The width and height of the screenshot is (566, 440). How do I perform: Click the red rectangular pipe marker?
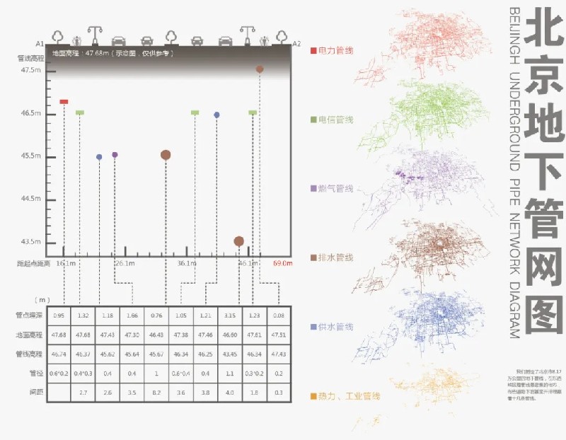tap(64, 102)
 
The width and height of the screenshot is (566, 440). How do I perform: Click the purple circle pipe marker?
tap(115, 154)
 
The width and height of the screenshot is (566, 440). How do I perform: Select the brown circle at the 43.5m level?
tap(239, 241)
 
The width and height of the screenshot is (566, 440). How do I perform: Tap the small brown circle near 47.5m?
tap(260, 69)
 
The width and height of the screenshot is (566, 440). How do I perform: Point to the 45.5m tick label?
tap(31, 156)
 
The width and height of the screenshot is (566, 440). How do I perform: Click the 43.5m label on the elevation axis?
tap(31, 242)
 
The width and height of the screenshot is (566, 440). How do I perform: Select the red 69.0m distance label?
tap(282, 264)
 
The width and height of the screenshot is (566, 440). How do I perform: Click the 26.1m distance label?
tap(125, 264)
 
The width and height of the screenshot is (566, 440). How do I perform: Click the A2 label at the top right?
tap(296, 43)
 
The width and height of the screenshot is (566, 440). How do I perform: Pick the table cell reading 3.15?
tap(229, 315)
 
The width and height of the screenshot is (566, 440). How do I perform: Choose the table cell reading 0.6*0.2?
tap(59, 373)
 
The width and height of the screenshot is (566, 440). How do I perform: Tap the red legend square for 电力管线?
tap(314, 51)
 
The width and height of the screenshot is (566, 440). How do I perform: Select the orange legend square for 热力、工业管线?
tap(314, 395)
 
